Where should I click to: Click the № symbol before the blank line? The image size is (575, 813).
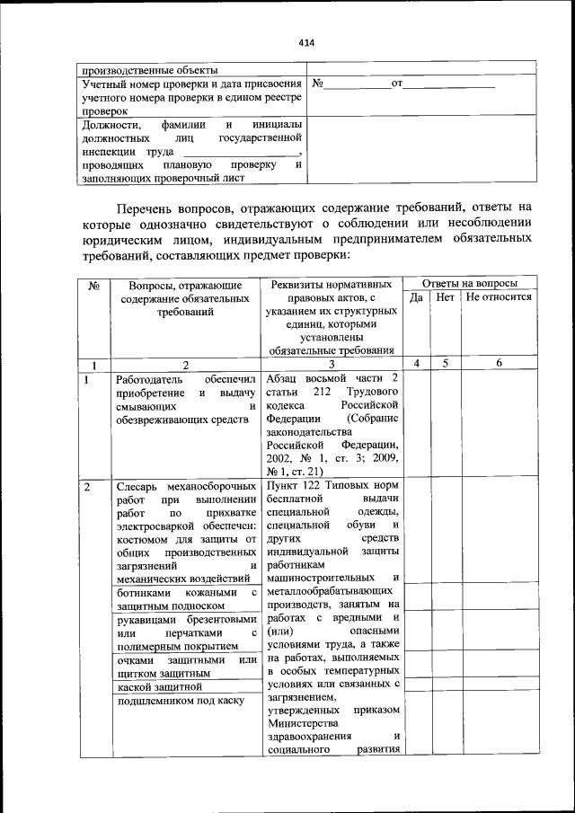[x=317, y=84]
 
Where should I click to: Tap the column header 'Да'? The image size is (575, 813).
[x=416, y=297]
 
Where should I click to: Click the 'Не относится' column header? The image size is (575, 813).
[x=500, y=297]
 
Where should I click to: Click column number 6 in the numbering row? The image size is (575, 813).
[x=500, y=363]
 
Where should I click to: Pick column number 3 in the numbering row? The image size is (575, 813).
[x=332, y=364]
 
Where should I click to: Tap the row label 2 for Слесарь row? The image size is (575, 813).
[x=87, y=487]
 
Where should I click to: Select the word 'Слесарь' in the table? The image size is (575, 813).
[x=138, y=487]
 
